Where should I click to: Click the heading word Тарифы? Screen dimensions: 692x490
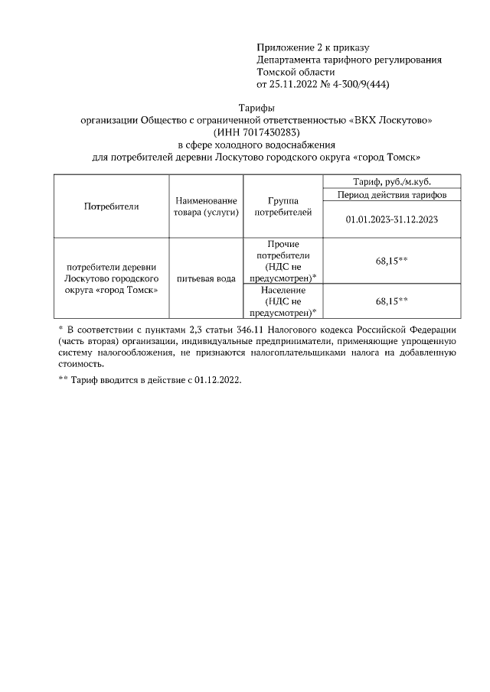[x=256, y=109]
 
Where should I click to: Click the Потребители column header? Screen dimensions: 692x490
[x=110, y=206]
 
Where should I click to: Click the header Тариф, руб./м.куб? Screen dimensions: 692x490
[x=390, y=181]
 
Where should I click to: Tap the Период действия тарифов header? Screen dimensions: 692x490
[x=390, y=195]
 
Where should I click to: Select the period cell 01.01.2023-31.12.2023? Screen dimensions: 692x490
[x=390, y=219]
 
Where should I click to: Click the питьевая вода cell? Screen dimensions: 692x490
[x=205, y=278]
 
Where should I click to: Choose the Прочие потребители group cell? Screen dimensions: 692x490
[x=283, y=261]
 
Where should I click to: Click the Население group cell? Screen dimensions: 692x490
[x=283, y=301]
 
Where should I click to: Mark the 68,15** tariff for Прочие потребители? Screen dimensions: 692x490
[x=390, y=261]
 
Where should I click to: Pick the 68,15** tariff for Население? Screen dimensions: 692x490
[x=390, y=301]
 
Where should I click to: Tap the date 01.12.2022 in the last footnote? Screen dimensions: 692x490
[x=215, y=380]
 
